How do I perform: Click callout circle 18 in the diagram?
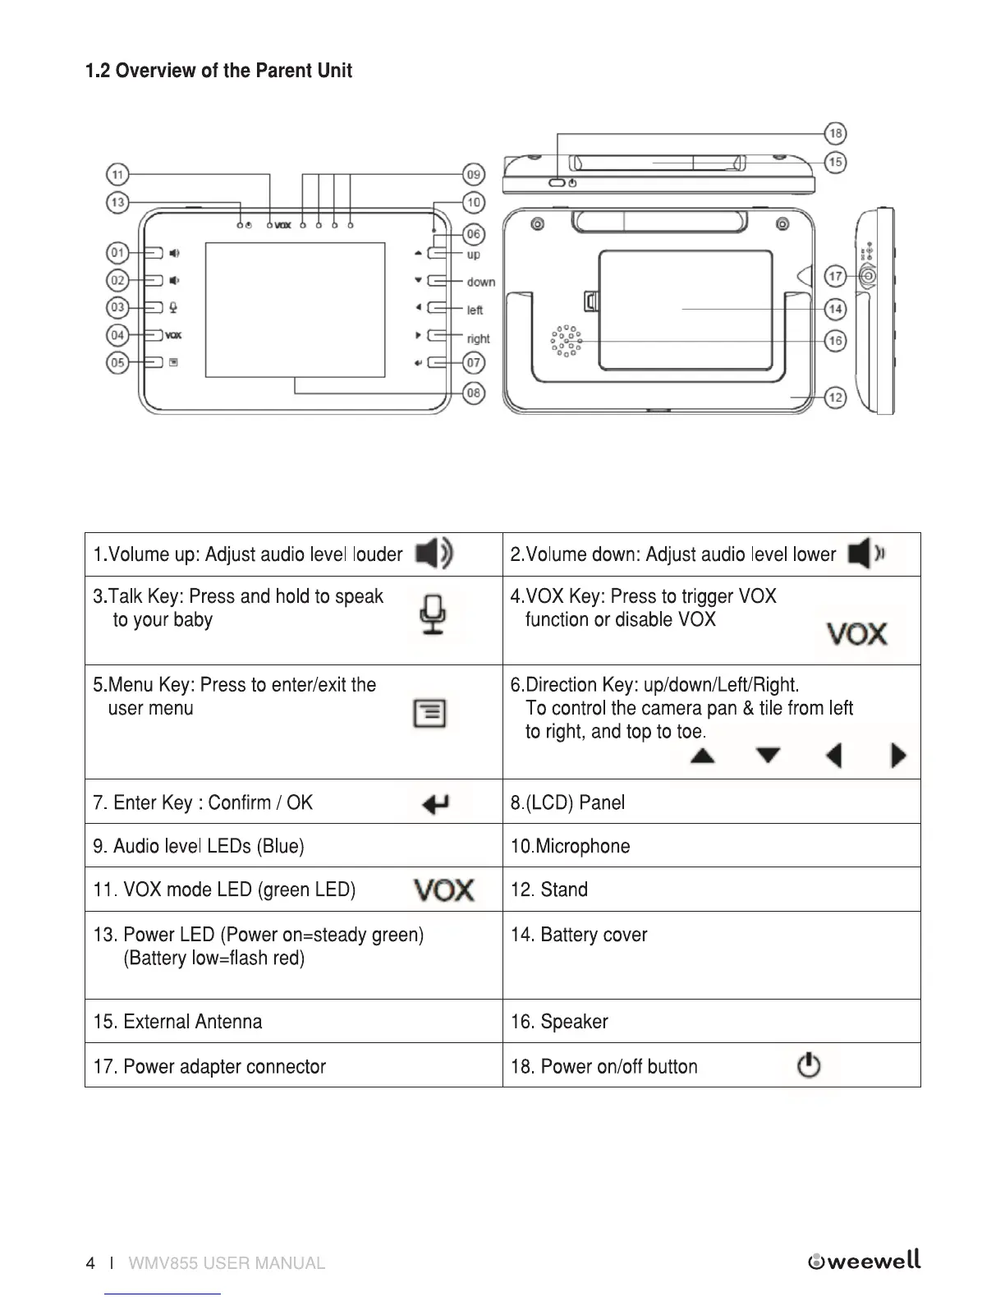pos(835,133)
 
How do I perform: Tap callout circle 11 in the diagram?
pos(118,174)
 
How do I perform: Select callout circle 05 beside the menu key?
pos(118,362)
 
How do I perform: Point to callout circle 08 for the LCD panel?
pos(474,393)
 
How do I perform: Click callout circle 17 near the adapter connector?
pos(835,276)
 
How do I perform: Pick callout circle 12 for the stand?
pos(835,398)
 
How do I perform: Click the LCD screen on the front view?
pos(295,309)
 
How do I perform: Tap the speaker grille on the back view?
pos(566,340)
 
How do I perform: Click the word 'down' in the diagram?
pos(480,283)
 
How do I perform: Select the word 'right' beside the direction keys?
pos(478,338)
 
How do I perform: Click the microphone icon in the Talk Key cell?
pos(435,615)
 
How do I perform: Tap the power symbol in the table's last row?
pos(809,1065)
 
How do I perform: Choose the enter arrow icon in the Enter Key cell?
pos(435,803)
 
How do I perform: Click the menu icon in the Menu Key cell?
pos(429,713)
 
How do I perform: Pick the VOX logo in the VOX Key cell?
pos(856,634)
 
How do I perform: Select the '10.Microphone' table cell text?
pos(571,846)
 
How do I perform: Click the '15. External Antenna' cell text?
pos(178,1022)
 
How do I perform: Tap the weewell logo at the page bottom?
pos(865,1262)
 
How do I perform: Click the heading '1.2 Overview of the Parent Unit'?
pos(219,71)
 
